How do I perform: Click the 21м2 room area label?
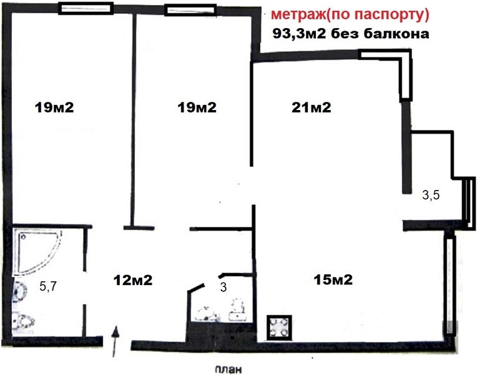click(311, 107)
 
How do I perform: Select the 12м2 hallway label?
click(132, 279)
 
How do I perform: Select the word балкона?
click(400, 34)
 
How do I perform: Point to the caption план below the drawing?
click(227, 368)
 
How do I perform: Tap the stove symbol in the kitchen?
click(278, 327)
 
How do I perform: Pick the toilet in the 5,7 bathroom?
click(24, 322)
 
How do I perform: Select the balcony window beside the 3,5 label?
click(467, 200)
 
